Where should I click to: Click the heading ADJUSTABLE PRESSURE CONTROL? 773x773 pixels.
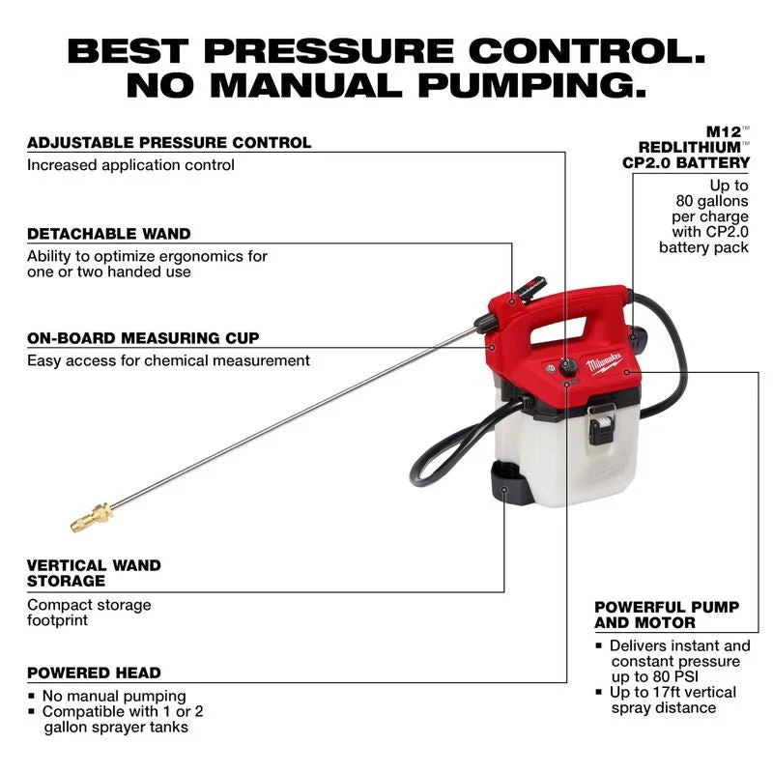[169, 142]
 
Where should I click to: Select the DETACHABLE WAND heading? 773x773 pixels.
[109, 234]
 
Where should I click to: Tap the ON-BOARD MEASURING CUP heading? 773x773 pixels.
[143, 338]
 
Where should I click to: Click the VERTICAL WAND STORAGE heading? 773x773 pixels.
[94, 573]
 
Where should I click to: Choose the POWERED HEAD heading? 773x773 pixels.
[94, 673]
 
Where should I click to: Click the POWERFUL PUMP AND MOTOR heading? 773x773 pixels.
[667, 615]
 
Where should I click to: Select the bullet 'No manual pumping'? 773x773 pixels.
[114, 696]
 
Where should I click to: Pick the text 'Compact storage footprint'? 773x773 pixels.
[89, 613]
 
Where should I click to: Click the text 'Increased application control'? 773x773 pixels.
[130, 165]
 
